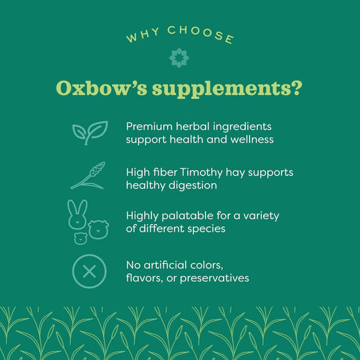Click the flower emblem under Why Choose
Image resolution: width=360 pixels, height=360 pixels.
pyautogui.click(x=179, y=58)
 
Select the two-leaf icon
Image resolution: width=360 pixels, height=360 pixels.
pyautogui.click(x=89, y=132)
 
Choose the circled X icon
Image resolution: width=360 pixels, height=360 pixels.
pyautogui.click(x=89, y=271)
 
